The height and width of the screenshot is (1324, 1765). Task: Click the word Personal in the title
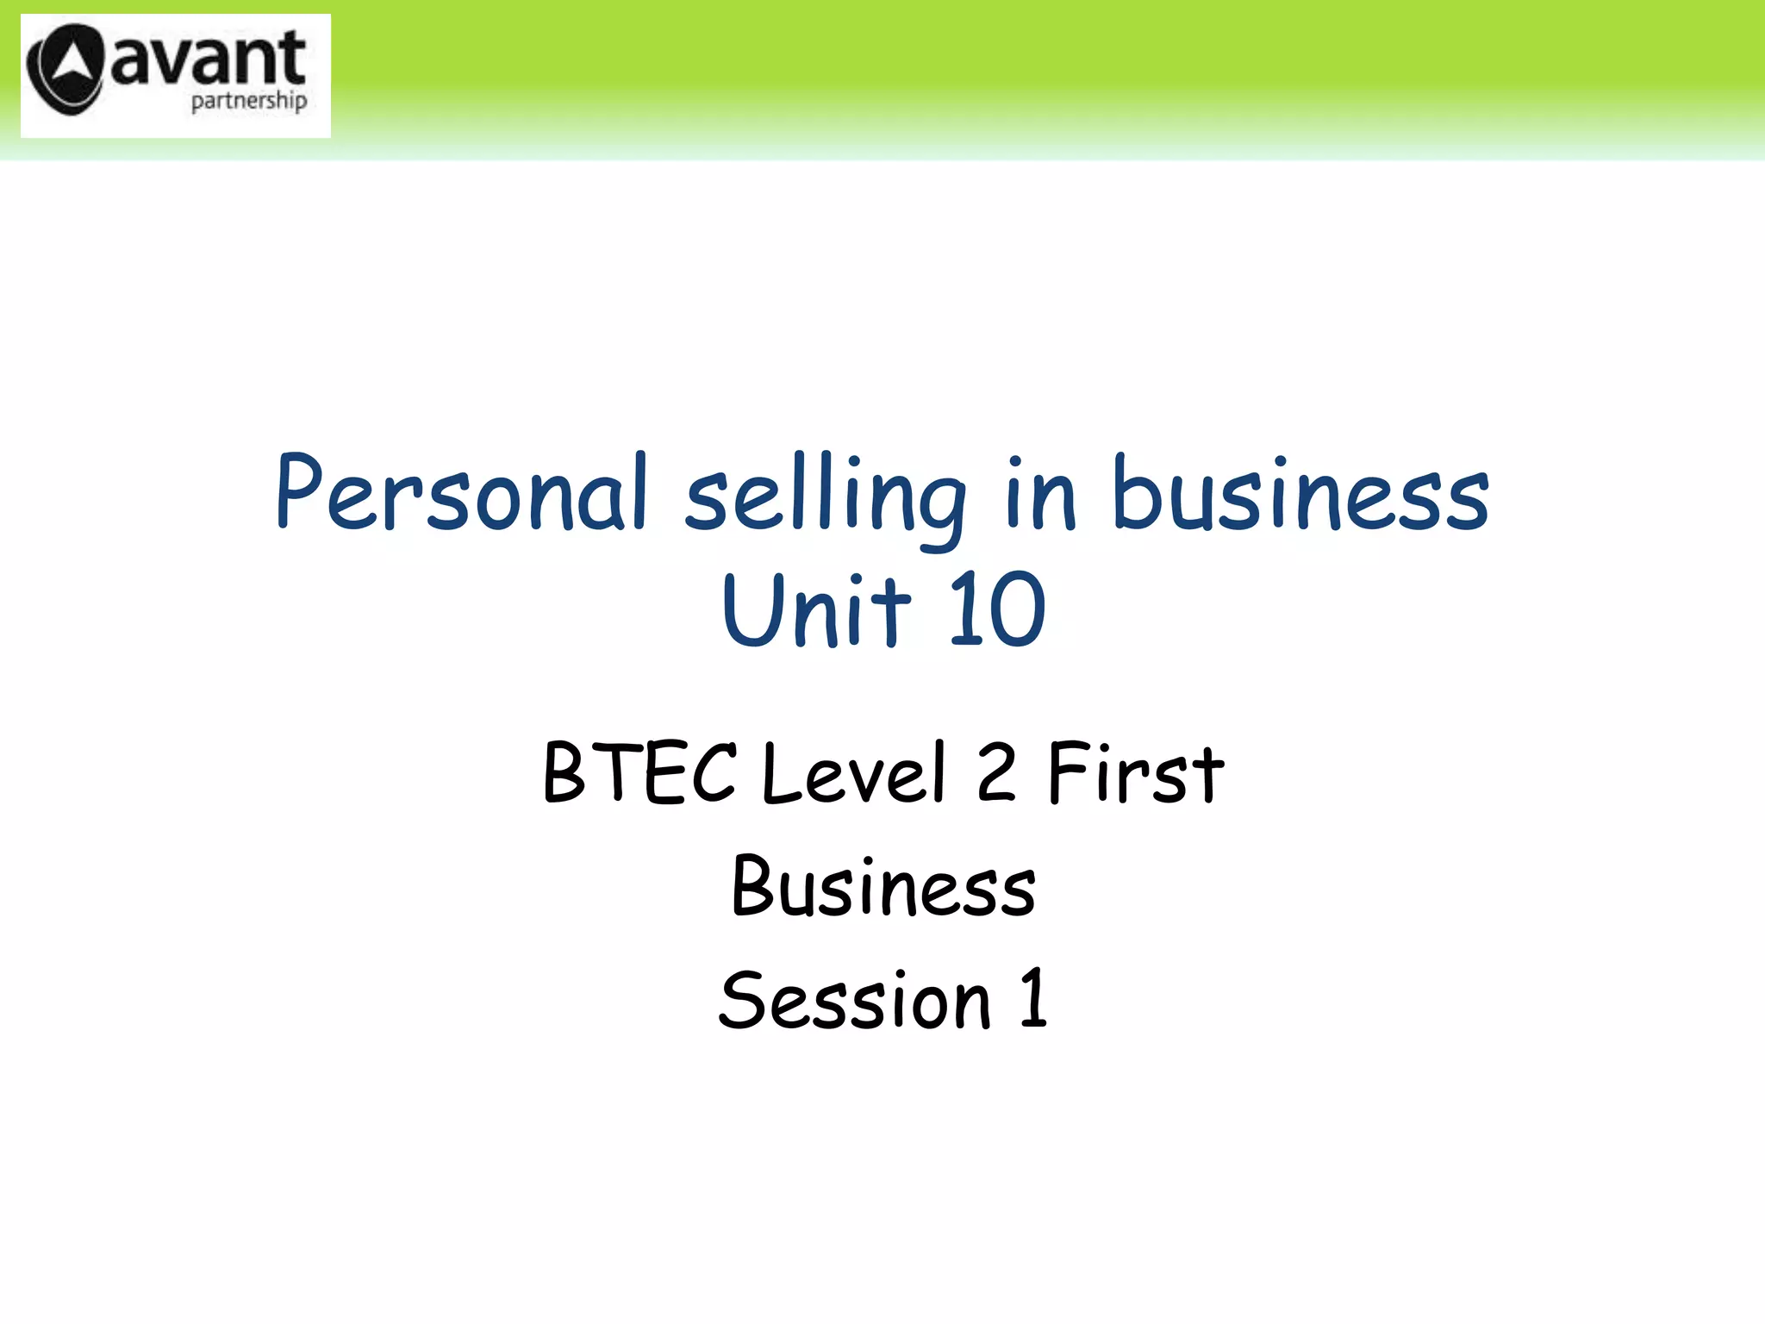[x=461, y=493]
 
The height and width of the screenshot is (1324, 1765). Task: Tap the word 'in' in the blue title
[x=1040, y=493]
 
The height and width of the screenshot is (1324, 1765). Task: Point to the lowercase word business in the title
[x=1300, y=493]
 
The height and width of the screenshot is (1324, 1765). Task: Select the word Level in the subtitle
[x=854, y=773]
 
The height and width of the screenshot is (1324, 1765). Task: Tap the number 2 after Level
[x=996, y=773]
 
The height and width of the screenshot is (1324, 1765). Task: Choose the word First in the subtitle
[x=1135, y=773]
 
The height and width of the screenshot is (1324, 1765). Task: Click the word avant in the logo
[x=208, y=59]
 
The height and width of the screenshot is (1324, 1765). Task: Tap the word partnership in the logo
[x=248, y=102]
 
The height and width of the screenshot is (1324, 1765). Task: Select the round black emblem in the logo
[x=65, y=69]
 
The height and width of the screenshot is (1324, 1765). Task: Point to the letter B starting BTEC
[x=565, y=773]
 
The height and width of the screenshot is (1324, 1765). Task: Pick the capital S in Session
[x=742, y=1000]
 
